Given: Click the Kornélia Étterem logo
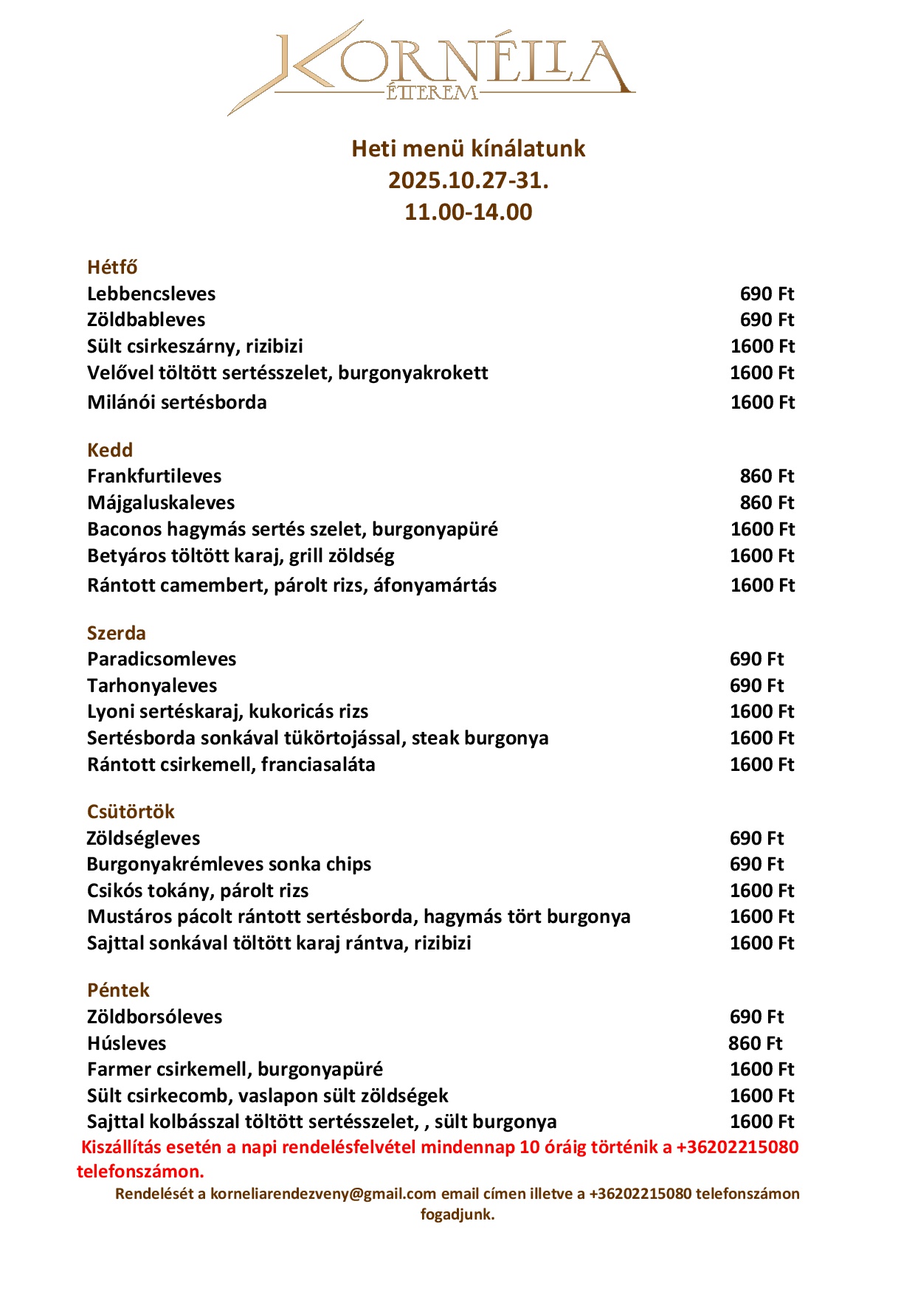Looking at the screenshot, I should click(432, 66).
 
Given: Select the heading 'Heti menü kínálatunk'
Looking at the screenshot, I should click(468, 149).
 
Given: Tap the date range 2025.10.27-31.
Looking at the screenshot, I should click(468, 181).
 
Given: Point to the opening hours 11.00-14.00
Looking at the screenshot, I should click(468, 212).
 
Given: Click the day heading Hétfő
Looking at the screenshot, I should click(112, 267).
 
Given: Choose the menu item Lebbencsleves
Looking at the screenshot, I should click(151, 294).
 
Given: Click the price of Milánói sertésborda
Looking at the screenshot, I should click(762, 403).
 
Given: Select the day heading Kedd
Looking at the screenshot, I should click(110, 450).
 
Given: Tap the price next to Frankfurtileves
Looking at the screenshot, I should click(767, 477).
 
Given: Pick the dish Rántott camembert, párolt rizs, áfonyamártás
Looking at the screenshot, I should click(291, 586).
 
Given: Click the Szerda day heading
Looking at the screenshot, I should click(117, 633).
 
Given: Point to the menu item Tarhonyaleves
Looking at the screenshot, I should click(152, 686).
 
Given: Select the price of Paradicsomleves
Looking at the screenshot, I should click(756, 660).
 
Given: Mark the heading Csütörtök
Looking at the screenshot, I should click(131, 812).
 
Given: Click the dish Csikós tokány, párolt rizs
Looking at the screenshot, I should click(198, 891).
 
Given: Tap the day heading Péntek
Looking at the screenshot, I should click(118, 991).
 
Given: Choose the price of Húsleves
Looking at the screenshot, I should click(755, 1044).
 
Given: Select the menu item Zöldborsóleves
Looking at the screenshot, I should click(154, 1017).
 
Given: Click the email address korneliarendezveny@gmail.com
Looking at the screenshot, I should click(323, 1194).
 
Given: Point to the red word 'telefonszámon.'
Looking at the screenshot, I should click(140, 1172).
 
